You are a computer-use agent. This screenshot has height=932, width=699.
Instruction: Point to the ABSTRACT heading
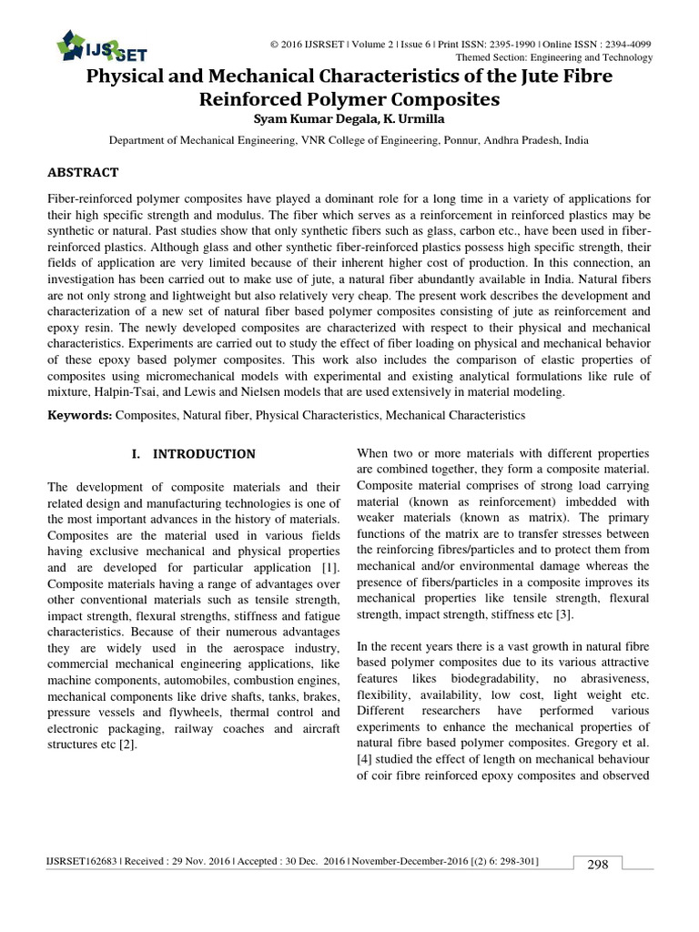point(82,172)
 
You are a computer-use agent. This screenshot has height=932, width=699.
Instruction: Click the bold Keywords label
point(79,415)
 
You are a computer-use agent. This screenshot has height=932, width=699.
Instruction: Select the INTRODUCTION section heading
point(204,453)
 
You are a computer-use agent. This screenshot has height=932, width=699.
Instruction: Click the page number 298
point(597,865)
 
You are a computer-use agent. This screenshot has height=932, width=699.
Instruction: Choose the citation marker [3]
point(563,614)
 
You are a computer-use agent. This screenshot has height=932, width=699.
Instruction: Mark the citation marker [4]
point(364,759)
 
